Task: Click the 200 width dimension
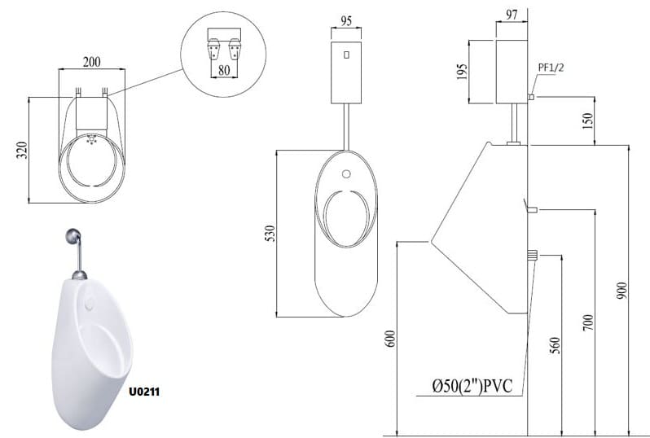point(91,62)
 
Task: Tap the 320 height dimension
point(21,150)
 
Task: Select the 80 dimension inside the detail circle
point(224,70)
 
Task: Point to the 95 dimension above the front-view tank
point(345,20)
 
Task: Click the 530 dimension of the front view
point(270,234)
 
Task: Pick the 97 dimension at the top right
point(512,15)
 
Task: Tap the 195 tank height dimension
point(462,72)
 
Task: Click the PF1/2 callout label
point(551,67)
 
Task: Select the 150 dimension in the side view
point(588,121)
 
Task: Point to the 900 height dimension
point(621,291)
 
